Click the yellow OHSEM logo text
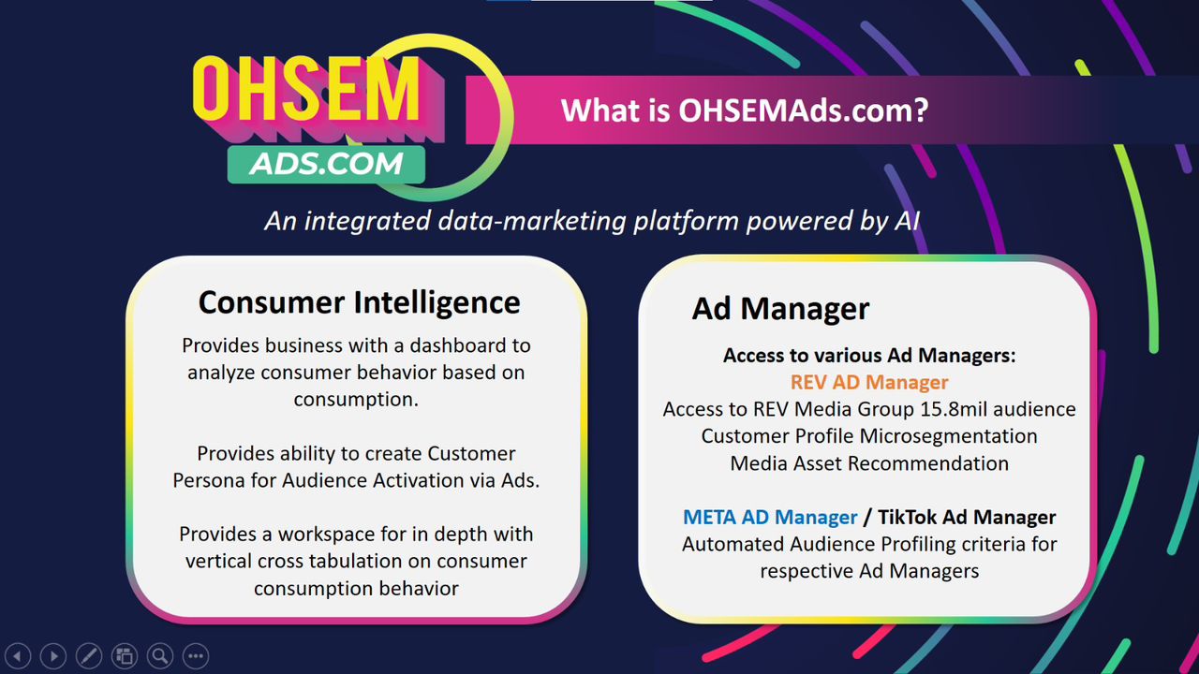(306, 90)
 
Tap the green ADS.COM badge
(326, 164)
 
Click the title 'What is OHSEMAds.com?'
(745, 110)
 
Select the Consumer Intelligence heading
(359, 302)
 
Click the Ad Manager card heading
(780, 309)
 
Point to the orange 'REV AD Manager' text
(869, 383)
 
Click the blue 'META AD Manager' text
(770, 518)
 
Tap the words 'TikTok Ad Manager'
(967, 518)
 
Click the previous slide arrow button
(18, 656)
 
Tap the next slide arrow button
(53, 656)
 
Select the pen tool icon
(89, 656)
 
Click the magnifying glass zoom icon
(160, 656)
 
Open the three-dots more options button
(196, 656)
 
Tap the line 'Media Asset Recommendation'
(869, 463)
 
